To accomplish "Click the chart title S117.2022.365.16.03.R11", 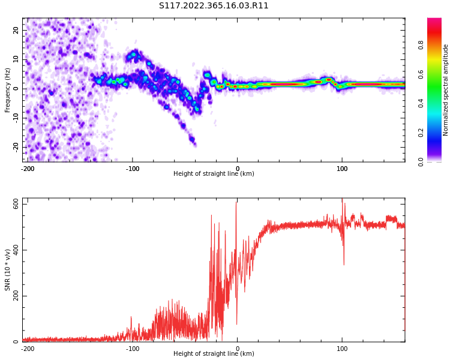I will coord(214,6).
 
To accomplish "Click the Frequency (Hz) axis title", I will coord(8,90).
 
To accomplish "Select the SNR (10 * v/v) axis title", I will coord(8,270).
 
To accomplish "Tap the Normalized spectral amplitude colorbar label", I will coord(446,90).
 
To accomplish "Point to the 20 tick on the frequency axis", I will coord(16,30).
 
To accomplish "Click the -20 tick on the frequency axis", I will coord(16,147).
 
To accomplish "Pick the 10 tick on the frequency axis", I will coord(16,59).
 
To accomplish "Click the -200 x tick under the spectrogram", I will coord(28,169).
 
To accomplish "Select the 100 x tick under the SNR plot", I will coord(342,349).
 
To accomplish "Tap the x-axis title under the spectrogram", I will coord(214,174).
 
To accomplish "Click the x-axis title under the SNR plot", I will coord(214,354).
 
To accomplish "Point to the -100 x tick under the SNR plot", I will coord(133,349).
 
